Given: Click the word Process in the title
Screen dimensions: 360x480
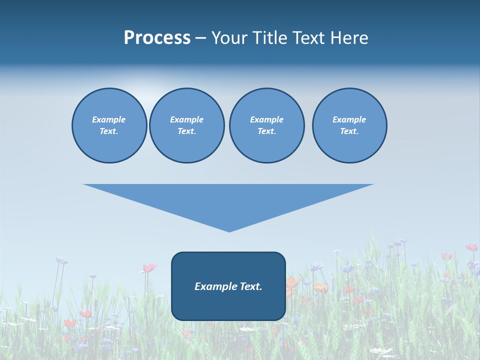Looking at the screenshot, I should tap(157, 38).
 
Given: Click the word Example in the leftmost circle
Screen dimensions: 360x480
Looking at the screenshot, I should tap(109, 119).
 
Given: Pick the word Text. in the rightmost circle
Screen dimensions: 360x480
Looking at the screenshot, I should tap(349, 131).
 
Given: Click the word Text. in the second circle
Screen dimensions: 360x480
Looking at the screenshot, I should tap(186, 131).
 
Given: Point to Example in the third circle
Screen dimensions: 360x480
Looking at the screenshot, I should tap(266, 119).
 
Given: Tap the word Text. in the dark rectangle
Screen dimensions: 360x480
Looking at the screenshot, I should tap(251, 286).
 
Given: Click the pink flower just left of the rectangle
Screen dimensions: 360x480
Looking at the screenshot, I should tap(149, 268).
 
